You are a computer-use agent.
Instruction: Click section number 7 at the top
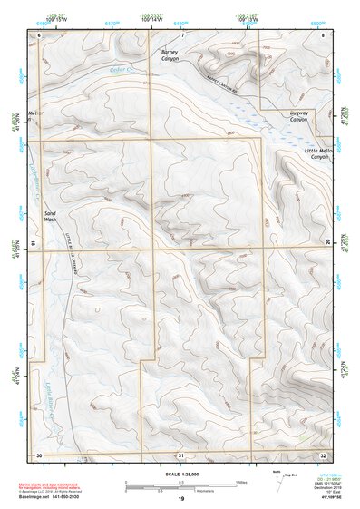[181, 34]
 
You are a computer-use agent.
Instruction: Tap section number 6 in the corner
[39, 34]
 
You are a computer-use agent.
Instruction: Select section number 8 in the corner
[323, 34]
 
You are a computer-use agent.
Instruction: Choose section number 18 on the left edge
[33, 243]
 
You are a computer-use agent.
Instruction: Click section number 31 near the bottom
[180, 454]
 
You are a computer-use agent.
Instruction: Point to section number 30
[39, 454]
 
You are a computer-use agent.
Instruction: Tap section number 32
[322, 454]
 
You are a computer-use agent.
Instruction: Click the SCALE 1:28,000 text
[180, 474]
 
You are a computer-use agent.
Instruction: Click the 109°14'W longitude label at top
[151, 20]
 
